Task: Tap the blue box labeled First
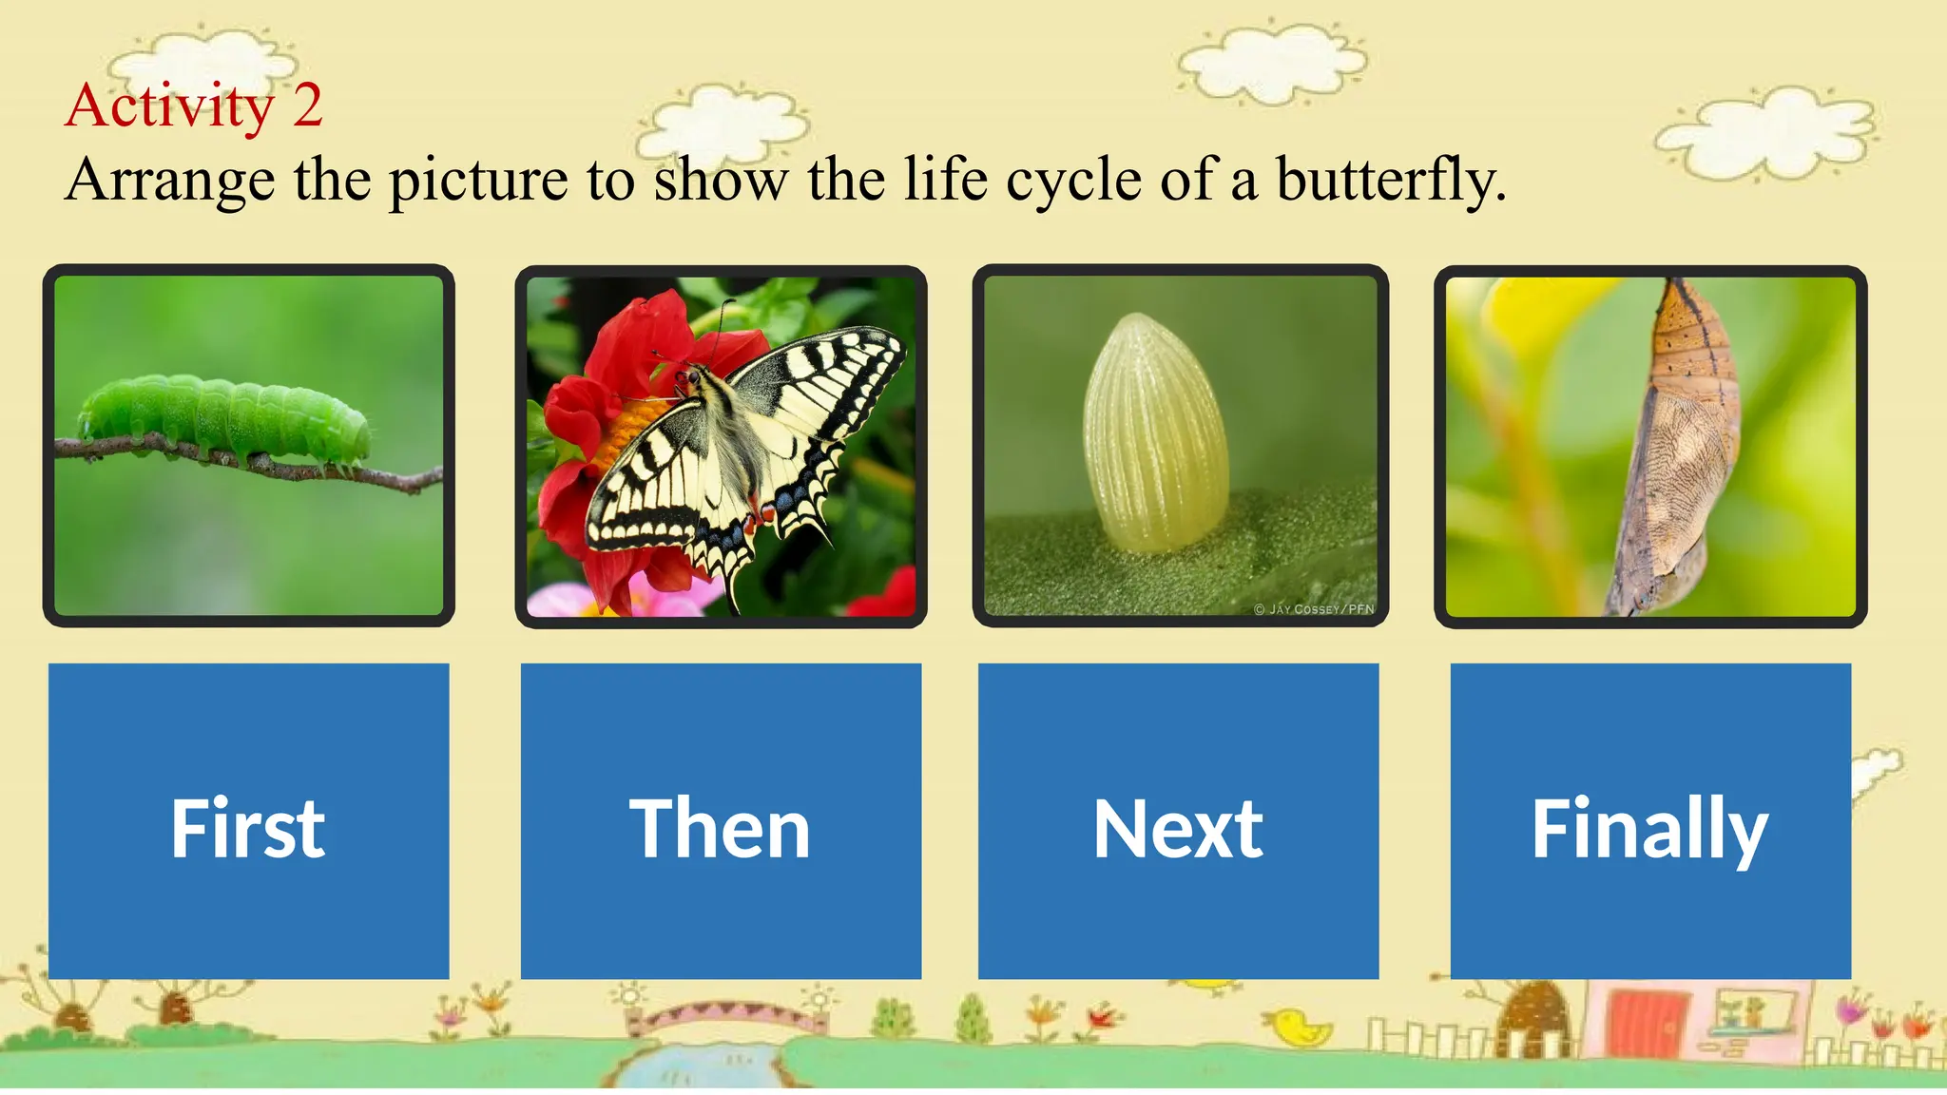click(248, 821)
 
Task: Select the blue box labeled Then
click(721, 821)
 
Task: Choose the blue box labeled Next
click(1178, 821)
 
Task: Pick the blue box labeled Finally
click(1649, 821)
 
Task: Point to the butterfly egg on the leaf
click(1155, 432)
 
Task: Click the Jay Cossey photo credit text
click(1314, 609)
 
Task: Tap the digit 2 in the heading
click(307, 106)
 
